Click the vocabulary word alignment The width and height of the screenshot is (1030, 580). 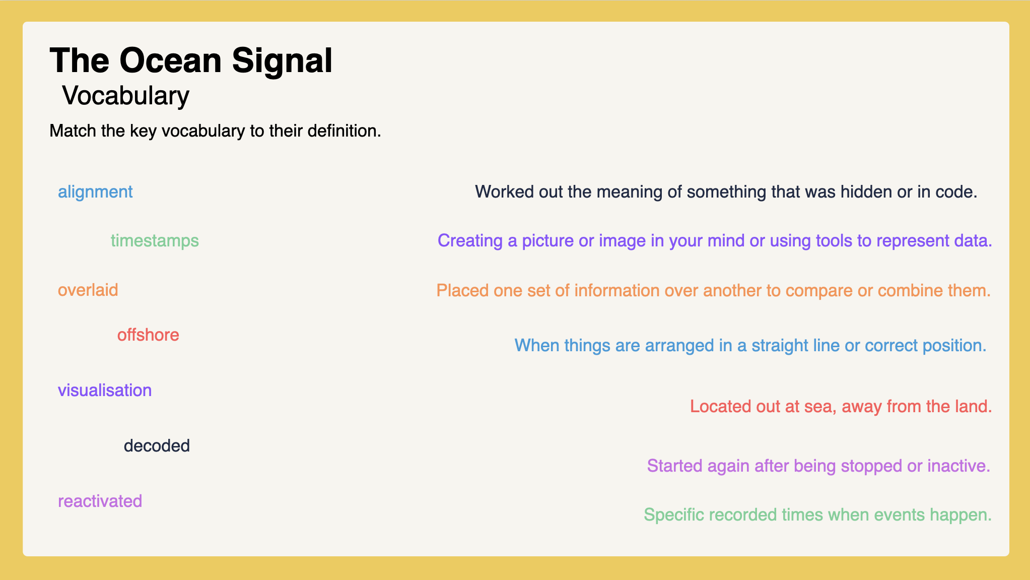coord(95,192)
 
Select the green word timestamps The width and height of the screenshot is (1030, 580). coord(155,241)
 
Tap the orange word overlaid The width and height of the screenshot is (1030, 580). coord(88,290)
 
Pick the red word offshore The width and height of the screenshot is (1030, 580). coord(148,335)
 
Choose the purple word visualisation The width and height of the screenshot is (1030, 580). coord(105,391)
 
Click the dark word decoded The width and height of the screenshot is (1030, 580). coord(157,446)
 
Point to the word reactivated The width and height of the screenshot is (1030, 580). coord(100,501)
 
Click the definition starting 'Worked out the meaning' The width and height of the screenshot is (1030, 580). coord(726,192)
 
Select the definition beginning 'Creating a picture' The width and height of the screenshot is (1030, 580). coord(715,241)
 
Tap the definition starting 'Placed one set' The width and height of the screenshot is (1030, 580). coord(714,291)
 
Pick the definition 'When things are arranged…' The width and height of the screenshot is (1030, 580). coord(750,346)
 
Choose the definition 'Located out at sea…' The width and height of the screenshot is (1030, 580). coord(841,406)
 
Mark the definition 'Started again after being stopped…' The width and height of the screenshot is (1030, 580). coord(819,466)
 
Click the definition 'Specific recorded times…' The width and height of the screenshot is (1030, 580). coord(818,515)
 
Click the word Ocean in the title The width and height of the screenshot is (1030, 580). coord(171,60)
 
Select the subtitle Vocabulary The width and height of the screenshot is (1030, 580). coord(126,96)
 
